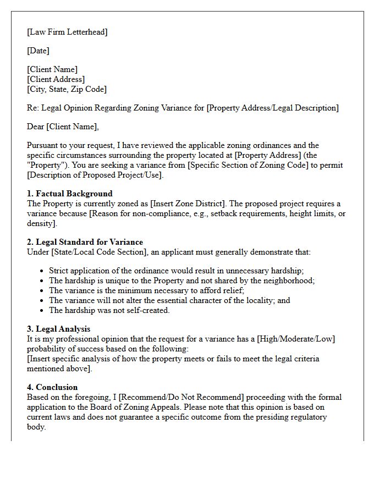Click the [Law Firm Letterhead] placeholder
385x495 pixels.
67,32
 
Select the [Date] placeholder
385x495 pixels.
38,51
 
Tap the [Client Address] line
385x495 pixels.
56,79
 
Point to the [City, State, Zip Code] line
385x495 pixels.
67,89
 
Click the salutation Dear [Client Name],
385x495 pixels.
63,127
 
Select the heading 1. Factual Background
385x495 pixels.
69,194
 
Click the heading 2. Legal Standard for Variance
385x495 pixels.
85,242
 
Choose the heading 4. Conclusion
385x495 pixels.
52,387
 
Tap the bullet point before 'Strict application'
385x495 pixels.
42,271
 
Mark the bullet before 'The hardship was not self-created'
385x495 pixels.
42,311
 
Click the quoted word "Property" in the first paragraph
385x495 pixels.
48,165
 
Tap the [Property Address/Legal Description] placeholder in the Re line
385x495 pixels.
272,108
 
